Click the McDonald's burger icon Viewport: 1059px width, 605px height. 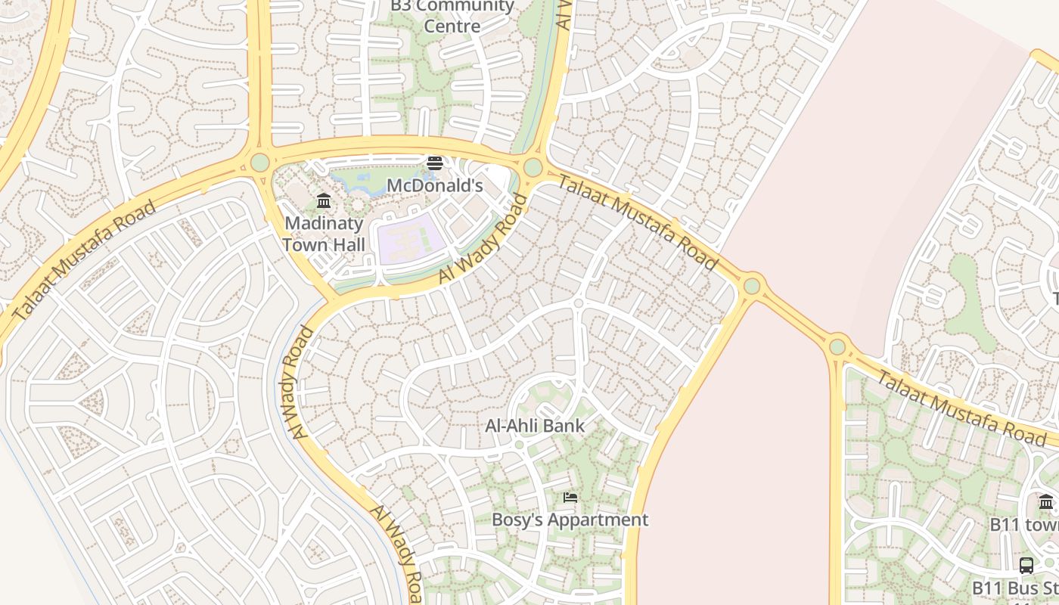point(434,163)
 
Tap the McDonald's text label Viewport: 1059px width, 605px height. point(434,185)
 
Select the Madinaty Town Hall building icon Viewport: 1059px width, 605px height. point(324,200)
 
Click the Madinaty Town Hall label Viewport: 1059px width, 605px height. point(324,234)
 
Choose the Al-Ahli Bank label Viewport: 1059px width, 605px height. point(536,426)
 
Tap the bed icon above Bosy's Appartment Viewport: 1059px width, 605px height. point(570,497)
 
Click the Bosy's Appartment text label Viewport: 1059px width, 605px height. point(570,520)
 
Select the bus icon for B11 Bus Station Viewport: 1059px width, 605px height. point(1026,565)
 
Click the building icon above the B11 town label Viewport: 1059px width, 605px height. point(1046,501)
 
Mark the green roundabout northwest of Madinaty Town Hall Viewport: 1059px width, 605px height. point(259,163)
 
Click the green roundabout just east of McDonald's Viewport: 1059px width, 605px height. point(533,167)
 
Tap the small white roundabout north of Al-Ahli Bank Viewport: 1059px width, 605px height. point(579,302)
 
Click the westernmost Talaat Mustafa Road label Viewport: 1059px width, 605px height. point(85,259)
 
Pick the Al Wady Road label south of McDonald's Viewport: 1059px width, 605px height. point(482,239)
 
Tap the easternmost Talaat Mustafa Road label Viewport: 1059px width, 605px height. point(961,408)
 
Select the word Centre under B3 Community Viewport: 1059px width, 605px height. point(452,26)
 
